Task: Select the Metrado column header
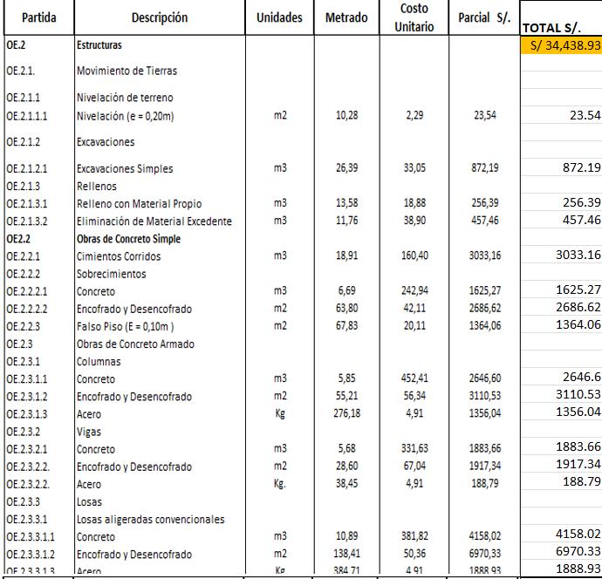(346, 17)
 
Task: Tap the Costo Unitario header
(414, 17)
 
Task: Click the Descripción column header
(159, 17)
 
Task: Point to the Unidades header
(280, 17)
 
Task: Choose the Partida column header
(36, 17)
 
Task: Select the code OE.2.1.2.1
(29, 168)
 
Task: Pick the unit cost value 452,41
(414, 379)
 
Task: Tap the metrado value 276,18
(347, 414)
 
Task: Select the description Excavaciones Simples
(125, 168)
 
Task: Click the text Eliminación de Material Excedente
(154, 221)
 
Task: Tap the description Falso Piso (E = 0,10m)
(126, 326)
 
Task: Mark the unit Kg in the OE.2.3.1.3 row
(280, 414)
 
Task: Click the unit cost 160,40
(414, 256)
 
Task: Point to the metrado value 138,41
(347, 555)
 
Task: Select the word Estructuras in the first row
(99, 44)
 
